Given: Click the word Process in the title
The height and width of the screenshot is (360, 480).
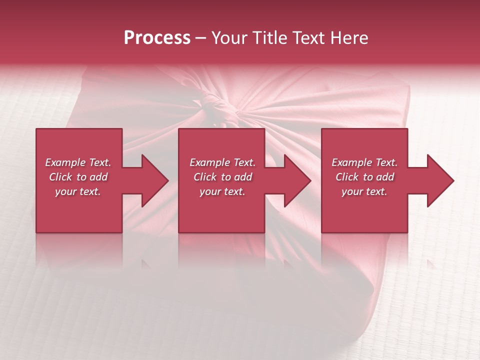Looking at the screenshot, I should pyautogui.click(x=157, y=38).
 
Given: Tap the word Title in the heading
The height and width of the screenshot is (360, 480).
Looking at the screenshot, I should pyautogui.click(x=270, y=38).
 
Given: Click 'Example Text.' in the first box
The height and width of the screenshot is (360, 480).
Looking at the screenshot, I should pyautogui.click(x=78, y=162).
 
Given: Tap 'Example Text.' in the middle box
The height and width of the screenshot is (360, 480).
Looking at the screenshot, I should pyautogui.click(x=222, y=162).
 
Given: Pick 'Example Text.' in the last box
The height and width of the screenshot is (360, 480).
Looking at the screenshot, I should pyautogui.click(x=364, y=162).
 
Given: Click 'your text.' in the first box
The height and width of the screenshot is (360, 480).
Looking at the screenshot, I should pyautogui.click(x=78, y=191).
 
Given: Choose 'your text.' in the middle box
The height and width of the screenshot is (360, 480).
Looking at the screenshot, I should pyautogui.click(x=222, y=191).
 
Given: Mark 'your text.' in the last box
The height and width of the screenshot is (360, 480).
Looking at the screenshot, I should pyautogui.click(x=364, y=191).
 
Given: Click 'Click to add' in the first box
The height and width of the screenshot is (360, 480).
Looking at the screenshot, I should pyautogui.click(x=78, y=177).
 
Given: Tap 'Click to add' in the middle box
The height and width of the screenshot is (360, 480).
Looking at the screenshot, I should pyautogui.click(x=222, y=177).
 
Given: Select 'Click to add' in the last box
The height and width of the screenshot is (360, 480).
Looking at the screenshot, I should pyautogui.click(x=364, y=177).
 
